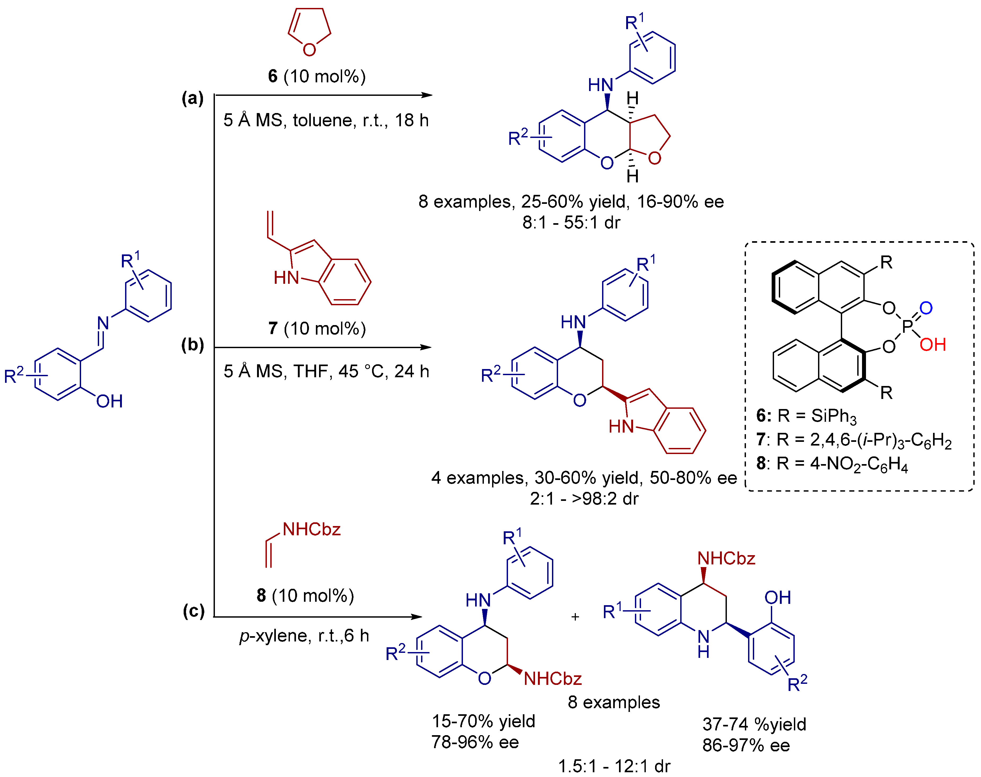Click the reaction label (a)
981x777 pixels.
click(x=192, y=98)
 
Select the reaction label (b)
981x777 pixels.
click(x=192, y=345)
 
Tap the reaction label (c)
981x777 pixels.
click(x=193, y=610)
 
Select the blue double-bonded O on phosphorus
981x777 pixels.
click(x=926, y=308)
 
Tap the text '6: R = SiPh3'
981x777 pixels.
click(x=806, y=416)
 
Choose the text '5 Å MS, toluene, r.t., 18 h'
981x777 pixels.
click(x=326, y=120)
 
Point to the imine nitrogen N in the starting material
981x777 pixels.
click(x=103, y=323)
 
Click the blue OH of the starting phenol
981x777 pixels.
click(x=109, y=401)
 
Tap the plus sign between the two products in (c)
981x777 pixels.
click(x=575, y=617)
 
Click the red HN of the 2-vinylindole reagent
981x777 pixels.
click(x=286, y=277)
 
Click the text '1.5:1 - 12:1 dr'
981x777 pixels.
click(x=614, y=766)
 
